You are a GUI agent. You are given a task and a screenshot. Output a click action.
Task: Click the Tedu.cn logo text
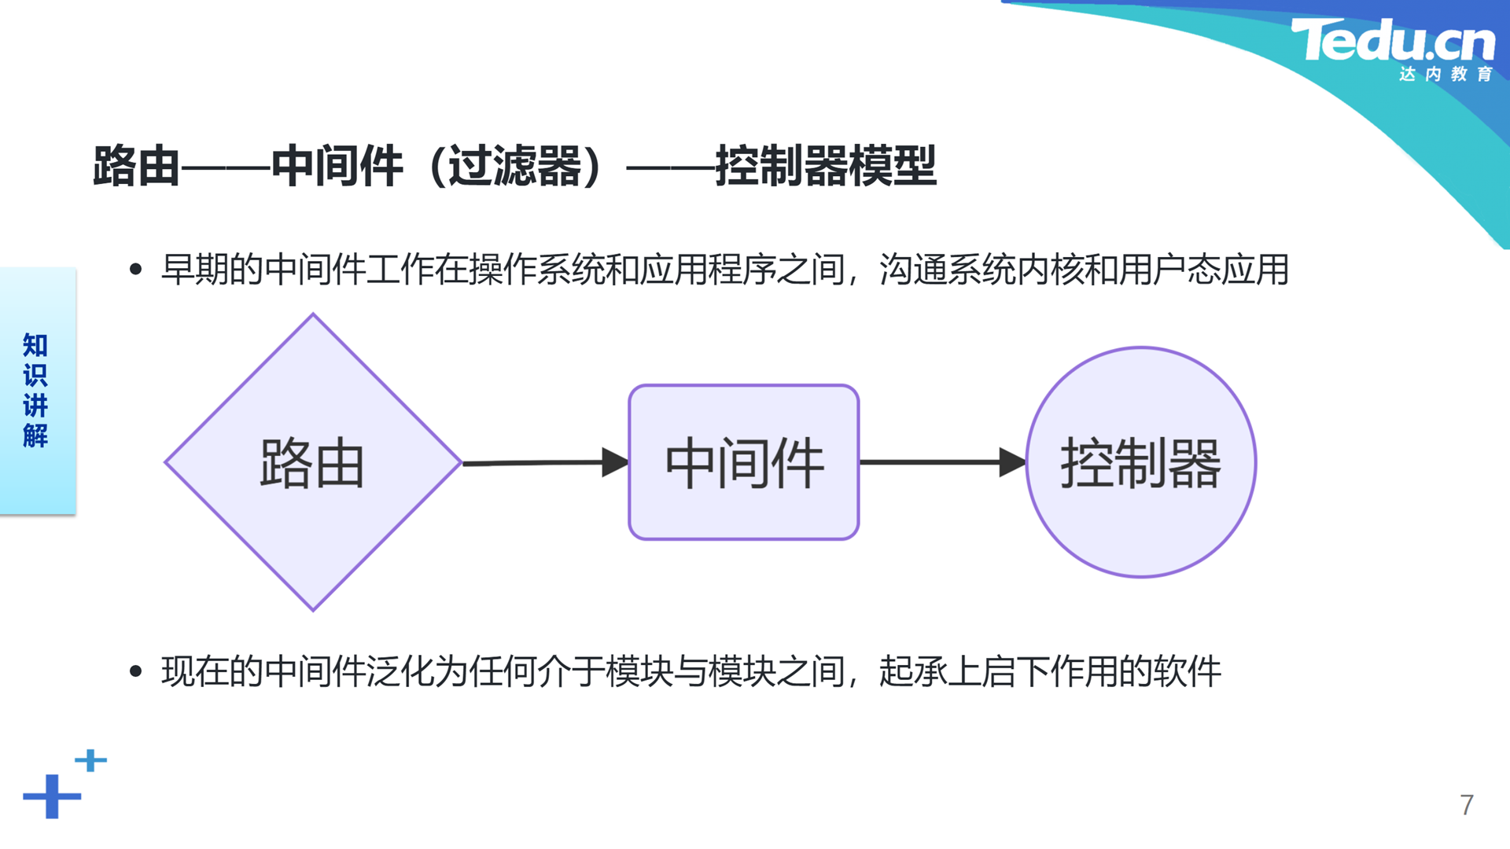pos(1393,40)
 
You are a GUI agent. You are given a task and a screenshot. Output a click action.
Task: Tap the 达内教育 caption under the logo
pos(1446,74)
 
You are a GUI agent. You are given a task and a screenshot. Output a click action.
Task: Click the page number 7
pos(1467,805)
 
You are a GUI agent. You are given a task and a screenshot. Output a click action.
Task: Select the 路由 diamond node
pos(313,462)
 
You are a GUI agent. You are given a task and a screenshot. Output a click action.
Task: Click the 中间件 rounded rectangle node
pos(744,462)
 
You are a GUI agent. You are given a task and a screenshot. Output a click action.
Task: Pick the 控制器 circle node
pos(1141,462)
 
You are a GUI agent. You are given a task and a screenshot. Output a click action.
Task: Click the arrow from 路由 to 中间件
pos(546,462)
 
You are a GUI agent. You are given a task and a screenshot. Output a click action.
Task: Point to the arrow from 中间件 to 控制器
pos(943,462)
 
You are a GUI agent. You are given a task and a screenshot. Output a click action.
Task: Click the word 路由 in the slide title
pos(137,166)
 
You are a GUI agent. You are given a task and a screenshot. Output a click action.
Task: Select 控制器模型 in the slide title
pos(826,166)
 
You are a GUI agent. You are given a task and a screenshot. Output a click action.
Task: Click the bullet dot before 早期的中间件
pos(135,270)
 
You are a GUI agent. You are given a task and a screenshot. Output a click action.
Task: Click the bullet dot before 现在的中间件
pos(135,671)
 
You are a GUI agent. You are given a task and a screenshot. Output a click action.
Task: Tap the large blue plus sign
pos(52,796)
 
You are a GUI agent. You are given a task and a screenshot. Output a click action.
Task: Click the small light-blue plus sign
pos(90,760)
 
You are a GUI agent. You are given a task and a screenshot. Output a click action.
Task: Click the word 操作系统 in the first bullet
pos(537,270)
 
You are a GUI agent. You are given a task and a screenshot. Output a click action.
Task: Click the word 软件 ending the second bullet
pos(1187,671)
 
